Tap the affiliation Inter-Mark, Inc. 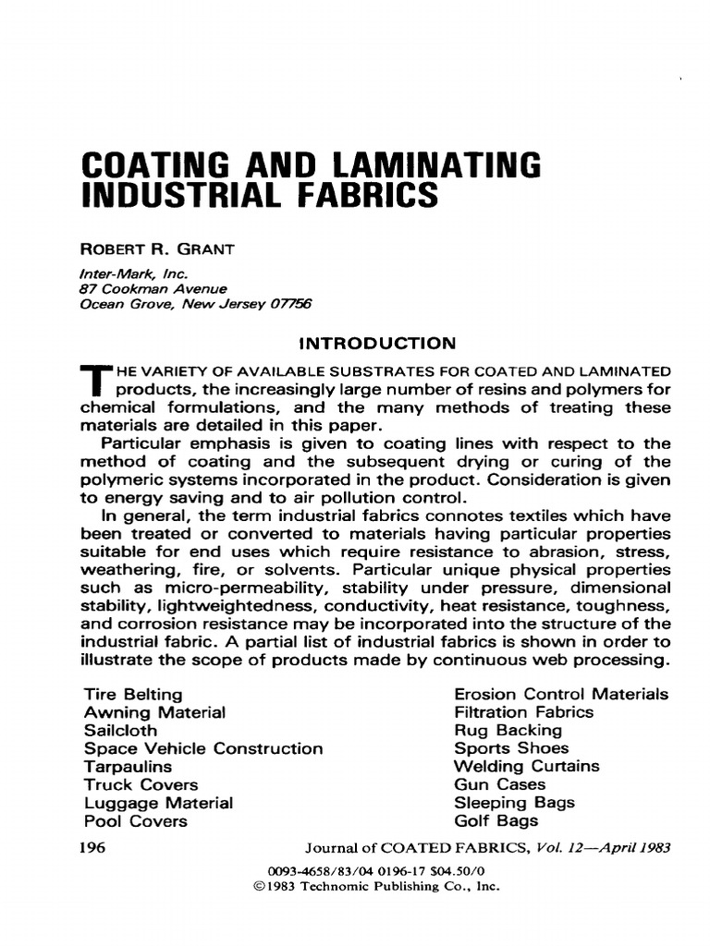pos(127,273)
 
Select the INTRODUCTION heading pos(377,344)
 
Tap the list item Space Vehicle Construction pos(203,748)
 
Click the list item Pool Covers pos(135,820)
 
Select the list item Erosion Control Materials pos(561,694)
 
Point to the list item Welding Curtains pos(526,766)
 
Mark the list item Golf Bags pos(496,820)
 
